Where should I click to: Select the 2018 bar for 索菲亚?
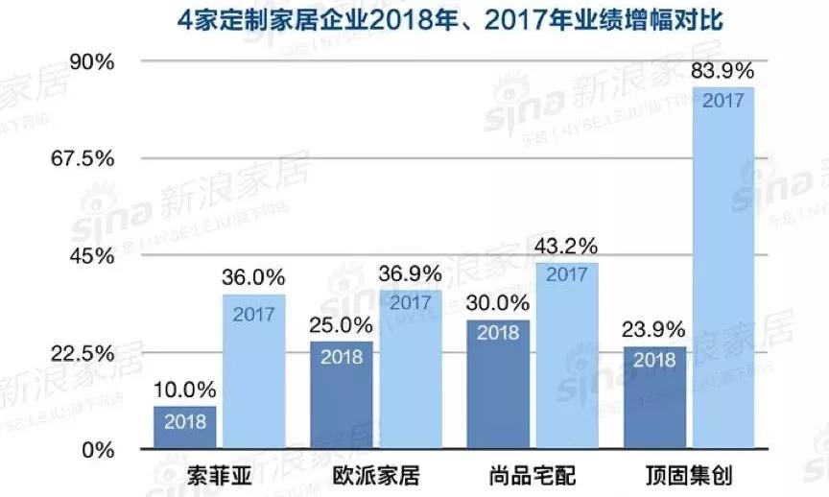[185, 428]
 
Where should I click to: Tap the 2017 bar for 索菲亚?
[254, 372]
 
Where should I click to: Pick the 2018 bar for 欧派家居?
[342, 395]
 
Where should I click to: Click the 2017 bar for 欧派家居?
[411, 369]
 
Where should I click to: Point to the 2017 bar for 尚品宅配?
[566, 356]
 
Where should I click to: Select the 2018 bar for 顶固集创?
[654, 398]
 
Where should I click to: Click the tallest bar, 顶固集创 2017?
[723, 268]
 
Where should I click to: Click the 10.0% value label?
[185, 390]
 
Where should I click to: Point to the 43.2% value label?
[566, 246]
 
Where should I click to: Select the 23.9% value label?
[654, 329]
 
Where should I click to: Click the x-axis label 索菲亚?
[219, 475]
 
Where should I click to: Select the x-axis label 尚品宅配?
[532, 475]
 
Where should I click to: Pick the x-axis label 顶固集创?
[689, 475]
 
